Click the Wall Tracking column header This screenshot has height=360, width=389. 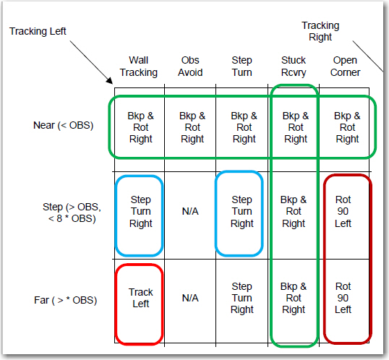[139, 67]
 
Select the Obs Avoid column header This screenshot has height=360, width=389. [190, 67]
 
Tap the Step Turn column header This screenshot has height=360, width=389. [242, 67]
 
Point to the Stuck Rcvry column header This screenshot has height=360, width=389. [294, 67]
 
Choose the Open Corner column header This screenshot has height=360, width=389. [345, 67]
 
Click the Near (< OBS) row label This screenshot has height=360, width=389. [63, 125]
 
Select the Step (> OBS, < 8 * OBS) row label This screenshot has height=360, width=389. [72, 213]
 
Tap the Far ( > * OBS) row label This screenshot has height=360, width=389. [65, 300]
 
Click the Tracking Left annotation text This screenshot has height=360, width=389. [38, 31]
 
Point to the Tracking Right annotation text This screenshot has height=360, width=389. [320, 31]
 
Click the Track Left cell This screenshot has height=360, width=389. [141, 298]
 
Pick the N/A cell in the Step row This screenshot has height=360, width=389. [190, 211]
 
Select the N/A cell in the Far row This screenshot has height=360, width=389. [190, 298]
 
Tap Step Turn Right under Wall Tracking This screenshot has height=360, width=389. [141, 211]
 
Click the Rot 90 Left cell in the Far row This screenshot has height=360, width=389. [343, 298]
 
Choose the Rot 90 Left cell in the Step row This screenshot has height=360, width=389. [343, 211]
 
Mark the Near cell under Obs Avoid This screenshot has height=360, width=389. [192, 127]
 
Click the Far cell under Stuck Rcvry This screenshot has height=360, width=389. [294, 298]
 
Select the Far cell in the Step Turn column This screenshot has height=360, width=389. [242, 298]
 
